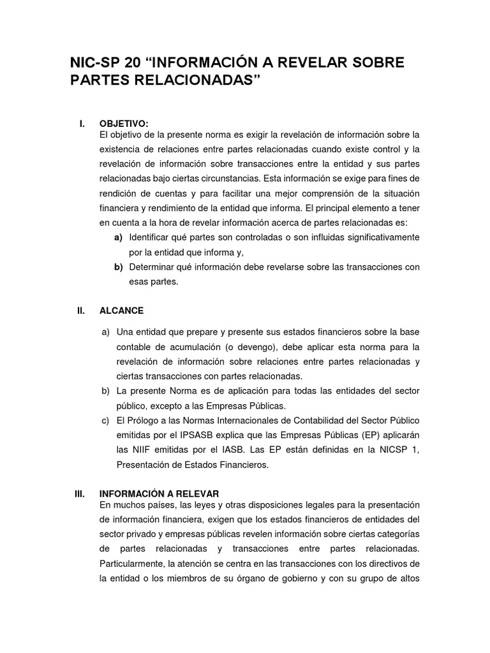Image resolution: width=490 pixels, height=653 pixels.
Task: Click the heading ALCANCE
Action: click(121, 311)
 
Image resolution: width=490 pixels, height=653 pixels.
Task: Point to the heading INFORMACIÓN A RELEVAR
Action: click(160, 494)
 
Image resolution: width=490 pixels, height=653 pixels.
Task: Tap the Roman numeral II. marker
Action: click(81, 311)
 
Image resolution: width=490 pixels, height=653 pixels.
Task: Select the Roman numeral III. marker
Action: click(80, 494)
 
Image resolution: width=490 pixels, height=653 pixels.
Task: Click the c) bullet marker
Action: click(106, 421)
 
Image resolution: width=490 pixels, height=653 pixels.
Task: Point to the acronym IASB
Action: click(221, 450)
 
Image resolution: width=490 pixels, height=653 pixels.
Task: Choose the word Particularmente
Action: click(131, 564)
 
